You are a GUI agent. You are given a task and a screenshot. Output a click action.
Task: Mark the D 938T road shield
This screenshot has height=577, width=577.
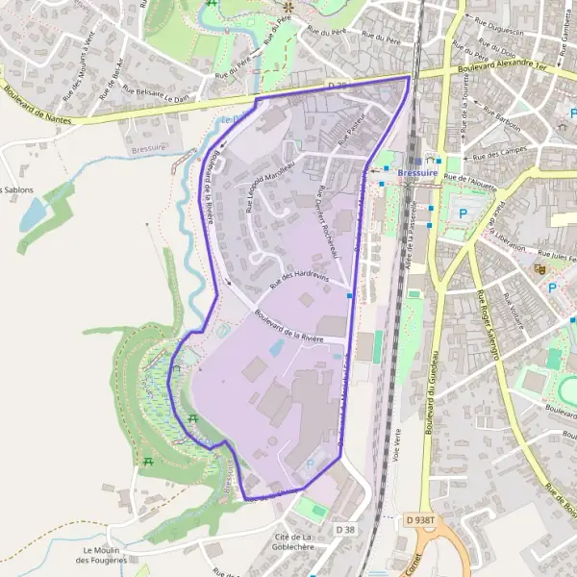click(421, 519)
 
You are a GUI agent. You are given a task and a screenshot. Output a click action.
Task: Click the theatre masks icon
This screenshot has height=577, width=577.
click(540, 268)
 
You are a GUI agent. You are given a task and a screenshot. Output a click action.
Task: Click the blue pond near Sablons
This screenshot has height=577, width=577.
click(32, 213)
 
